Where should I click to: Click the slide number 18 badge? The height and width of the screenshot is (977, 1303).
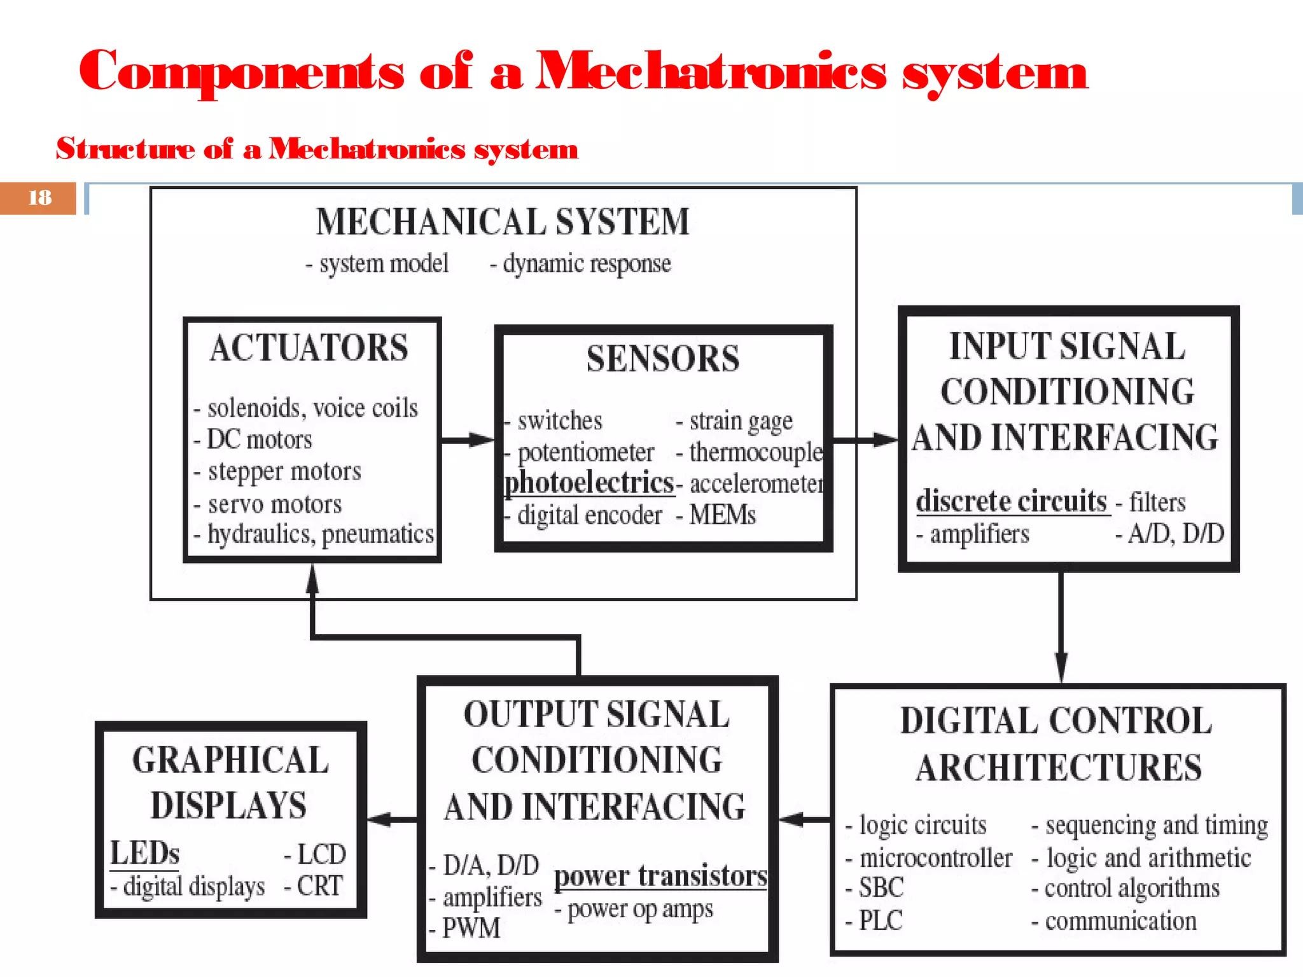(39, 198)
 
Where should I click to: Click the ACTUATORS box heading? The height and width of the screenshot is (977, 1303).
(309, 348)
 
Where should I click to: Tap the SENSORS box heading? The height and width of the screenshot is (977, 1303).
(663, 359)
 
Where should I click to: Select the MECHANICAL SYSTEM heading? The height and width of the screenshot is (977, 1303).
(503, 222)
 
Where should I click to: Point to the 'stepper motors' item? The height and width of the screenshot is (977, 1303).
(284, 471)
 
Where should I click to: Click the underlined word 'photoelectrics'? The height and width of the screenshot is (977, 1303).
(589, 483)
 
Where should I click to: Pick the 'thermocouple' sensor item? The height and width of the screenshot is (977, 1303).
(756, 452)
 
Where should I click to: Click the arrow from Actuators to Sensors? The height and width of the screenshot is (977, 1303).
(468, 440)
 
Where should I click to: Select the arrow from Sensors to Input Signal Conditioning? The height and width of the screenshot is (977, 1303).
(865, 440)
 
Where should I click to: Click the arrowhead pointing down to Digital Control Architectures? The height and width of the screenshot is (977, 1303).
(1061, 668)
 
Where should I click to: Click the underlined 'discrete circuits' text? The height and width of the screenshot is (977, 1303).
(1012, 501)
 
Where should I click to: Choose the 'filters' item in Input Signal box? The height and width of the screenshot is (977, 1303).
(1157, 502)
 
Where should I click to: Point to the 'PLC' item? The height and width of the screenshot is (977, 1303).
(881, 920)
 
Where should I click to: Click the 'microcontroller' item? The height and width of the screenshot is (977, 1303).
(935, 858)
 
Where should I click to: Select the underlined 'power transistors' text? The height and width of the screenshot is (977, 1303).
(660, 876)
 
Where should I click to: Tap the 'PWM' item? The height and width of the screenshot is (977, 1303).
(471, 928)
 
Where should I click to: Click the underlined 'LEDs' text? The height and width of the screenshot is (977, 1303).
(145, 853)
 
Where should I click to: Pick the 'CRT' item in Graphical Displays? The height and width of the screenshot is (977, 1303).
(319, 886)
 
